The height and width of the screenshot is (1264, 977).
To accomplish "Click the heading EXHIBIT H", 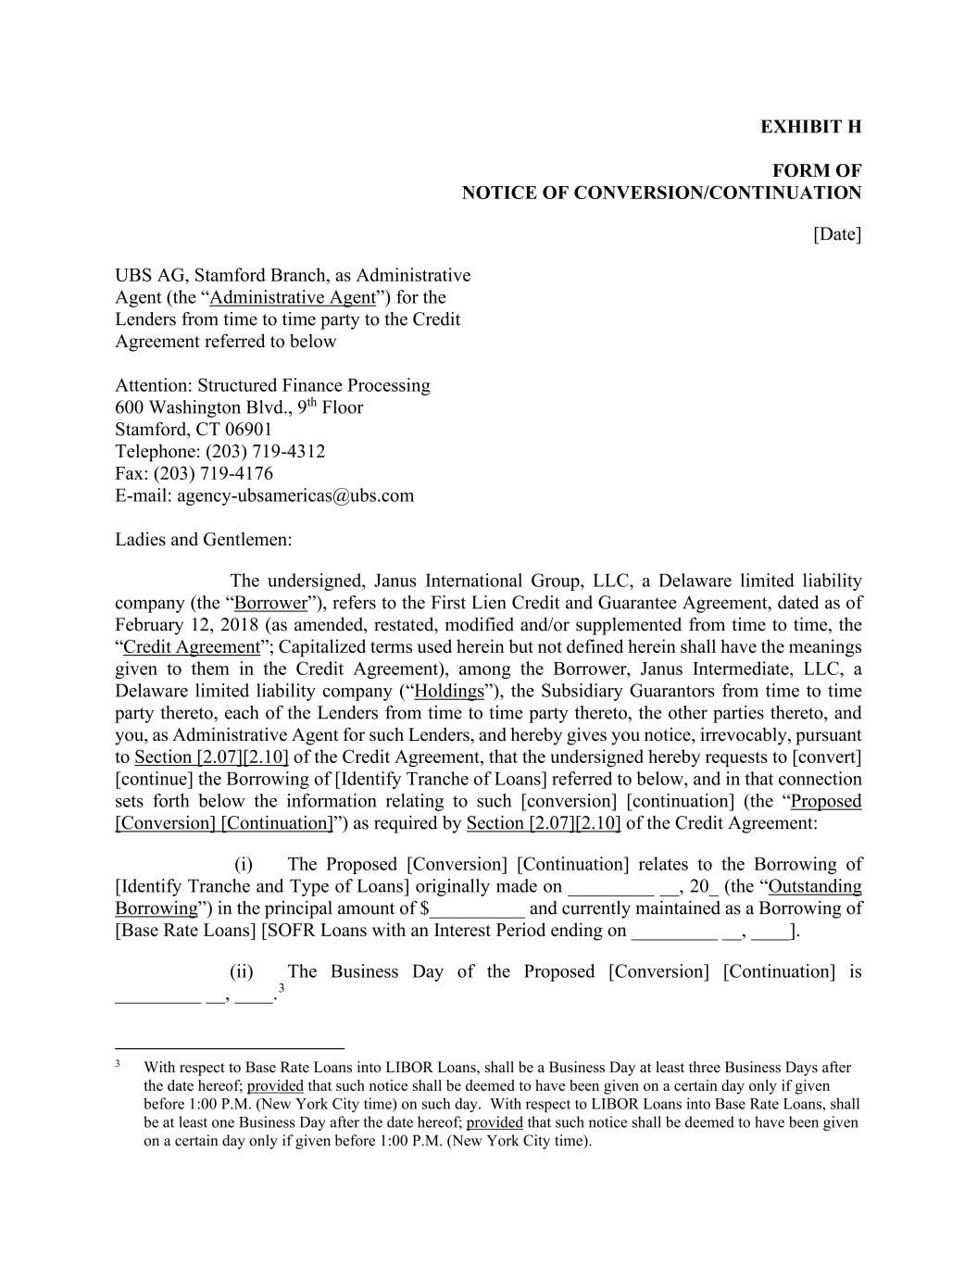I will tap(810, 127).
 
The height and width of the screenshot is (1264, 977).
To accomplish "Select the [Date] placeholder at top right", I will tap(837, 234).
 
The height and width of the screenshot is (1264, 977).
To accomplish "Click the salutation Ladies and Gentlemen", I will tap(203, 540).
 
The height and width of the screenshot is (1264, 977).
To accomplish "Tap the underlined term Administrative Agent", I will tap(293, 298).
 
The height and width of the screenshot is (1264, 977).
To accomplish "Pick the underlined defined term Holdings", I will tap(449, 692).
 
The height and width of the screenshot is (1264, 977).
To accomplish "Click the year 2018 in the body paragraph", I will tap(239, 625).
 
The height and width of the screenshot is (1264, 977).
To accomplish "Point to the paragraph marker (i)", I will tap(244, 865).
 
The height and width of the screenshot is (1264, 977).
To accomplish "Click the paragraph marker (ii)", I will tap(242, 972).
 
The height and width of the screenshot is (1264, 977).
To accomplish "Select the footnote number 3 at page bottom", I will tap(118, 1064).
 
